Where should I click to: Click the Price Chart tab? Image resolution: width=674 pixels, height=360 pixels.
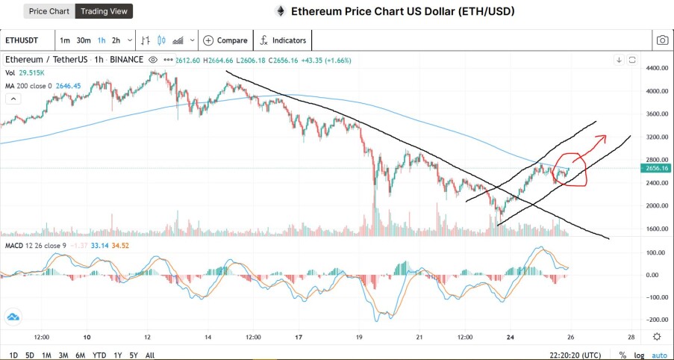click(49, 11)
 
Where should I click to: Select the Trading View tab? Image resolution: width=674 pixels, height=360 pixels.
click(104, 11)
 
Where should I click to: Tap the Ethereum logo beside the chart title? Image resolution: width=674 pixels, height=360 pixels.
click(281, 11)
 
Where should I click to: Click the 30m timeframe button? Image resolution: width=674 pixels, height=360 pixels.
click(84, 40)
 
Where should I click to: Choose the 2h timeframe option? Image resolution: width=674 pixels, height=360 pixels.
click(116, 40)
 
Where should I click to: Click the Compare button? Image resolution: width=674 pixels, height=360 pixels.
click(225, 40)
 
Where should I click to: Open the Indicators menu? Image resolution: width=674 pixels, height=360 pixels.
click(284, 40)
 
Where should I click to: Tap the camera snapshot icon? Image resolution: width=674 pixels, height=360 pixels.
click(662, 40)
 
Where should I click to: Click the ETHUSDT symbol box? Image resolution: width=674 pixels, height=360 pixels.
click(22, 40)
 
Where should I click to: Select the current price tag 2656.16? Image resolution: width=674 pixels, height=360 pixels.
click(657, 168)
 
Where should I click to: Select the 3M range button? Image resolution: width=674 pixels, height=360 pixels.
click(63, 356)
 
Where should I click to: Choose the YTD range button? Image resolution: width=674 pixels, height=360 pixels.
click(99, 356)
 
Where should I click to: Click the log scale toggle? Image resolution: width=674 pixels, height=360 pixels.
click(639, 356)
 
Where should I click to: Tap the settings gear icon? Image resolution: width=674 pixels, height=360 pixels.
click(657, 336)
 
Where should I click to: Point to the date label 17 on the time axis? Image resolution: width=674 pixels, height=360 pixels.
click(299, 337)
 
